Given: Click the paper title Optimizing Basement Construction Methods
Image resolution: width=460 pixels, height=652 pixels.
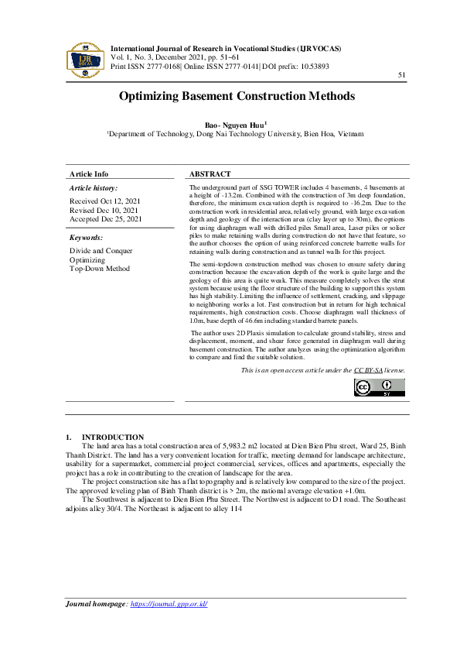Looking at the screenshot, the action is click(x=237, y=97).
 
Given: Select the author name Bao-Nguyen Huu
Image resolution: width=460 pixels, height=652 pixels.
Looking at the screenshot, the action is click(x=235, y=124).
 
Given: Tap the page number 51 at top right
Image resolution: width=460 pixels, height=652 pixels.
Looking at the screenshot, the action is click(x=401, y=75).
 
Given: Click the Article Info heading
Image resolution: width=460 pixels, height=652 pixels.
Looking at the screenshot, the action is click(x=89, y=174).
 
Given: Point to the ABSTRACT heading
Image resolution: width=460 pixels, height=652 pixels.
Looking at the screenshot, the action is click(x=210, y=174).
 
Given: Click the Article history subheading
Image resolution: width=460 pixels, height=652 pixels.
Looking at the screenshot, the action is click(x=94, y=188).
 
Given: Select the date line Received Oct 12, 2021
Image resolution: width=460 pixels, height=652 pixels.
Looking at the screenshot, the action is click(x=104, y=201).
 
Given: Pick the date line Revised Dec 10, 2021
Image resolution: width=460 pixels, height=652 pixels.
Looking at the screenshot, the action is click(x=104, y=210).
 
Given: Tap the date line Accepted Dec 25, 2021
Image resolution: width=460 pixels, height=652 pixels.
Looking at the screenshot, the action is click(x=106, y=219).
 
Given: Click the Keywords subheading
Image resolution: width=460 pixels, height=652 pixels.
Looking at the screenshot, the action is click(x=86, y=238).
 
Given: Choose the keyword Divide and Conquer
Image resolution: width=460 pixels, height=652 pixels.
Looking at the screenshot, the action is click(x=101, y=251).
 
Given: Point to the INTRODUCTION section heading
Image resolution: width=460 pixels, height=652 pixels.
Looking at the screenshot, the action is click(x=112, y=438).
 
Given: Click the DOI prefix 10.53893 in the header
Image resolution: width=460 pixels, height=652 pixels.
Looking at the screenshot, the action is click(x=312, y=66).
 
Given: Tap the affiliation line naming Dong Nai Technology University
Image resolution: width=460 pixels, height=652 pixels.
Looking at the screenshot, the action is click(x=236, y=134).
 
